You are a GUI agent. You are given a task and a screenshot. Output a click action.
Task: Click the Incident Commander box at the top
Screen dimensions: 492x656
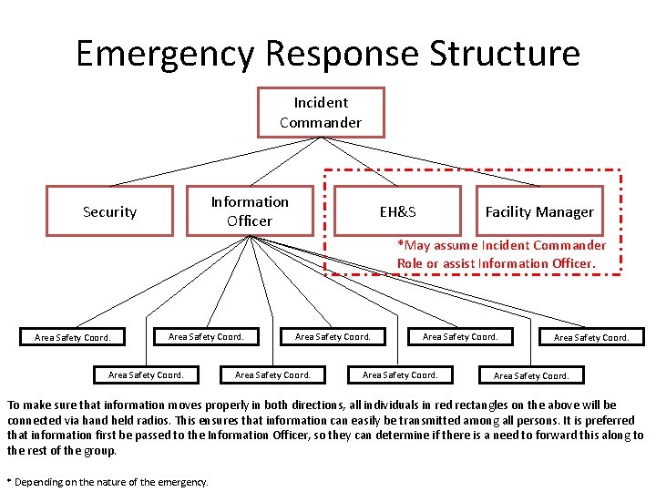[x=320, y=112]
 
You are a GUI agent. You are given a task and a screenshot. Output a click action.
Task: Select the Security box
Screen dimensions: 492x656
[x=109, y=211]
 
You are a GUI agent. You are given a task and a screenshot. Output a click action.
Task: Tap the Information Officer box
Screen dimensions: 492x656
[x=249, y=211]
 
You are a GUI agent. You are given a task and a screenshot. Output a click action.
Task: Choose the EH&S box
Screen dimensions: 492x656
[x=397, y=211]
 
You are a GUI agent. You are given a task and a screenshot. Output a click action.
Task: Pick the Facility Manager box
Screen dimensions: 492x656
[x=538, y=211]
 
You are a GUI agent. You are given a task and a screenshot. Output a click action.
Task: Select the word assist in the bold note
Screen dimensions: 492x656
[x=465, y=263]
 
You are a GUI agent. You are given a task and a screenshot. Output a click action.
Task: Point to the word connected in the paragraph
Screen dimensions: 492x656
[x=36, y=420]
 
